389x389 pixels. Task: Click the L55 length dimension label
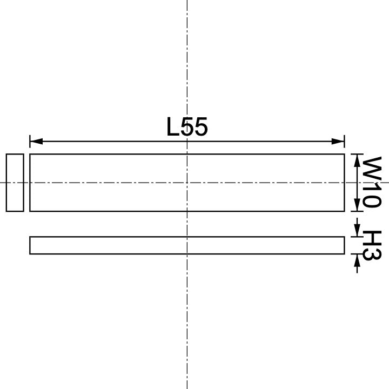tap(187, 128)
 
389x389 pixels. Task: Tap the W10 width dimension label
tap(372, 183)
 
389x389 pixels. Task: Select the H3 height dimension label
tap(372, 246)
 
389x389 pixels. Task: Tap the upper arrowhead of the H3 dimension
tap(357, 232)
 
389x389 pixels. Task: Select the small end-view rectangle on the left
tap(15, 183)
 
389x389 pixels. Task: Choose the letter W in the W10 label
tap(372, 167)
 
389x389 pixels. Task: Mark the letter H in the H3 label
tap(372, 238)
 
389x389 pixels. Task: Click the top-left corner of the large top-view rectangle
tap(30, 155)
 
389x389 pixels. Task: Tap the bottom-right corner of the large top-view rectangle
tap(344, 211)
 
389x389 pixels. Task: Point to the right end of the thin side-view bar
tap(344, 245)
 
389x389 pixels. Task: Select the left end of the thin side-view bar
tap(30, 245)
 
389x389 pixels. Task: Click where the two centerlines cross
tap(187, 183)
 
